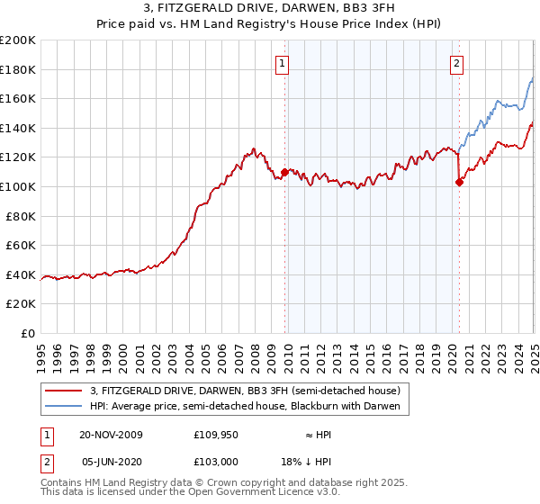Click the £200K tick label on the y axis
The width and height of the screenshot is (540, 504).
(x=18, y=40)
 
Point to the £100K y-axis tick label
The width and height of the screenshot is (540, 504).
(x=18, y=186)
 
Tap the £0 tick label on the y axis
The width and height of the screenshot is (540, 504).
(x=27, y=333)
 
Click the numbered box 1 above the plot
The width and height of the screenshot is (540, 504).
(x=283, y=63)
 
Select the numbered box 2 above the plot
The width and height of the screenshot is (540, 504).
(x=457, y=63)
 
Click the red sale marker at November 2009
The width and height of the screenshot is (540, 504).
(x=285, y=171)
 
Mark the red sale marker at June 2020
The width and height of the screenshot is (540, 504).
(x=459, y=182)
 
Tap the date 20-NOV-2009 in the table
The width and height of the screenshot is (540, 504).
(x=112, y=435)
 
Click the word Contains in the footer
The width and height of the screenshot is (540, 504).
(x=62, y=482)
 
